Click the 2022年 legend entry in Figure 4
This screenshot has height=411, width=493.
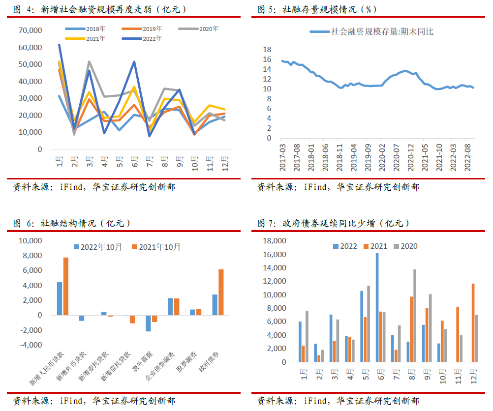[x=142, y=39]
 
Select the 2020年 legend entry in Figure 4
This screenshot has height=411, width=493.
[x=198, y=29]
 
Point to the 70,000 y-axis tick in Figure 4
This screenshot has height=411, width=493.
[x=30, y=30]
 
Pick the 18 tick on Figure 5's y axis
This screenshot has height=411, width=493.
[x=267, y=49]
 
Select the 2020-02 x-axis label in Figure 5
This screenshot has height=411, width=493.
[x=382, y=158]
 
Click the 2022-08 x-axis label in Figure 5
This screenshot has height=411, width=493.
[x=467, y=158]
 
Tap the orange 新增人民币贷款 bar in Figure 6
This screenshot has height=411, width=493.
[x=66, y=286]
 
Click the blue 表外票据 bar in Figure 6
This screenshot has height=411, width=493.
[x=148, y=323]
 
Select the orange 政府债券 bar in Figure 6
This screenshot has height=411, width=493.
[x=221, y=292]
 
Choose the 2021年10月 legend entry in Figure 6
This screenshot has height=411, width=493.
[x=156, y=247]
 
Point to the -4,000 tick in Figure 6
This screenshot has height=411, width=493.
[x=31, y=345]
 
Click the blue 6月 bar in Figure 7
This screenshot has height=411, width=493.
[x=377, y=307]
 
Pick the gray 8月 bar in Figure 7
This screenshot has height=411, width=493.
[x=415, y=316]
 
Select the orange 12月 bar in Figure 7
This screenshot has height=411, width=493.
[x=473, y=323]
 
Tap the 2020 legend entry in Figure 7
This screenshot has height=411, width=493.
[x=405, y=246]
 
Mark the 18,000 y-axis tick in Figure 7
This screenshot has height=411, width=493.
[x=275, y=241]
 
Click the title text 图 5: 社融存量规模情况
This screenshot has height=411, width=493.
[x=307, y=9]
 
